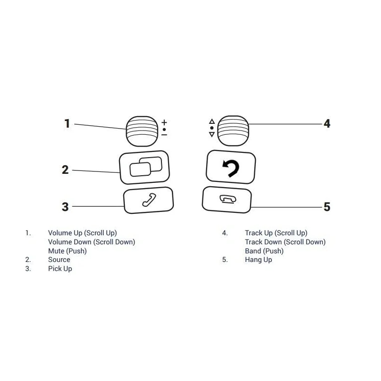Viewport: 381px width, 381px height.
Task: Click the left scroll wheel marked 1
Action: tap(142, 131)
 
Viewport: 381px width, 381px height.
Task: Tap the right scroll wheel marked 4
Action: tap(233, 130)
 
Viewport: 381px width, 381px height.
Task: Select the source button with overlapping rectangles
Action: tap(144, 168)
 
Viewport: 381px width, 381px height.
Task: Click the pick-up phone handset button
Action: tap(149, 200)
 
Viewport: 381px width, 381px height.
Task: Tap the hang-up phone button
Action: tap(227, 200)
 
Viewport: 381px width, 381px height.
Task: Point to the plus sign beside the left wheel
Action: tap(164, 122)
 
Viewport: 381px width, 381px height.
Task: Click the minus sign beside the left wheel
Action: tap(164, 135)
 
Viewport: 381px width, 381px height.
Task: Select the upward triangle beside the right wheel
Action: tap(212, 121)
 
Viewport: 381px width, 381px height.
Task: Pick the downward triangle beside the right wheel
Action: tap(212, 134)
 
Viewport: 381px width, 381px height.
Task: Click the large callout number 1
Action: tap(67, 123)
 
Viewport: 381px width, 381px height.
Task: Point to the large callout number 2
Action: tap(65, 170)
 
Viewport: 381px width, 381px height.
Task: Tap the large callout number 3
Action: tap(65, 207)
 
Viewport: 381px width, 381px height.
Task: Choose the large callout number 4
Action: tap(327, 123)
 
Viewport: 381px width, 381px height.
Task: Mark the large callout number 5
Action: tap(327, 207)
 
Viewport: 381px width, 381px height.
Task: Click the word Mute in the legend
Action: tap(56, 251)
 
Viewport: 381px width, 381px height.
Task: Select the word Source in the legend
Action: tap(59, 260)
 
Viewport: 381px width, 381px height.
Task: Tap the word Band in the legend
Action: tap(253, 251)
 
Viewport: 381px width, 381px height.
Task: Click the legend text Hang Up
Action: tap(258, 260)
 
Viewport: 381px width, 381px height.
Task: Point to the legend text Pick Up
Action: tap(60, 269)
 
